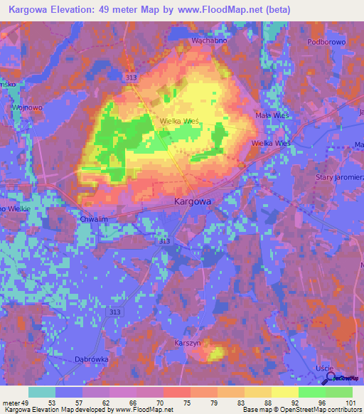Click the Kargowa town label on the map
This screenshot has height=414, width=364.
193,202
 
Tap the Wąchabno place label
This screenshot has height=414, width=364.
210,41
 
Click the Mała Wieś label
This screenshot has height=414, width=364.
270,115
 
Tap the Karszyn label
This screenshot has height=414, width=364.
188,342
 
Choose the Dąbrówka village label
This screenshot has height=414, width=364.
92,359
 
